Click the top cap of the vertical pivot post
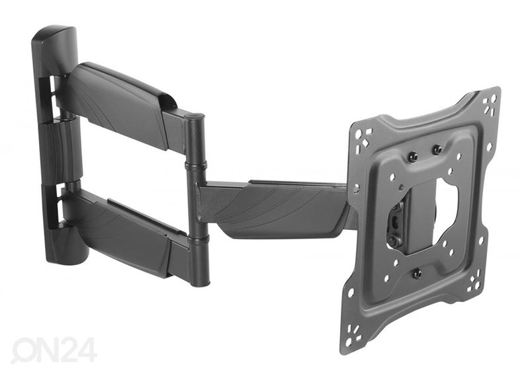(x=195, y=116)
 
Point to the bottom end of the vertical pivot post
(x=200, y=282)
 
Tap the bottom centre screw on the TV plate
(x=417, y=274)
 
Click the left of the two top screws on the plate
(x=413, y=156)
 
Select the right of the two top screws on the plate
(x=437, y=150)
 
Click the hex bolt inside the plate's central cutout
(x=393, y=240)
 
